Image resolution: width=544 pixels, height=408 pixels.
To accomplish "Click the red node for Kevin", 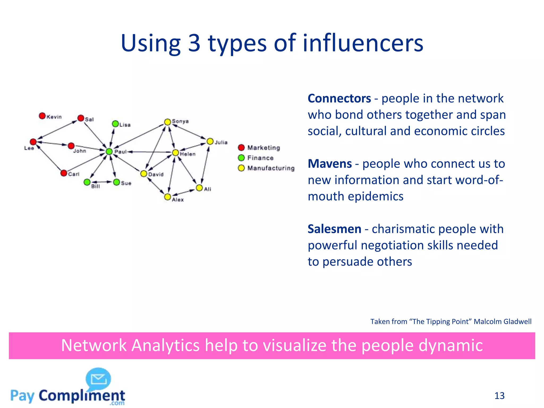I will tap(42, 116).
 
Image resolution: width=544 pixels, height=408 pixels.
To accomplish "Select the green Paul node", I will tap(109, 151).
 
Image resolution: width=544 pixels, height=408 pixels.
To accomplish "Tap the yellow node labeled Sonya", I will tap(167, 122).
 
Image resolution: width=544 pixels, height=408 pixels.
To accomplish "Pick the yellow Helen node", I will tap(175, 153).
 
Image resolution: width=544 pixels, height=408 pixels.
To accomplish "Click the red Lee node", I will tap(33, 142).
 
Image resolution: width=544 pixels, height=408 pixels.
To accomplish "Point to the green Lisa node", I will tap(115, 124).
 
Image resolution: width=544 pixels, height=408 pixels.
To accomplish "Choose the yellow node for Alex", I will tap(167, 197).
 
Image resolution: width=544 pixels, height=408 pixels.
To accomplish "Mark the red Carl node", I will tap(64, 173).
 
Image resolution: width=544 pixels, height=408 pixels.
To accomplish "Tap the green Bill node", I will tap(87, 182).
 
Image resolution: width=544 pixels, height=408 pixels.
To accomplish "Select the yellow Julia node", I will tap(210, 141).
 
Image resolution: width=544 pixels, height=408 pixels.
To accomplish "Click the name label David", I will tap(156, 175).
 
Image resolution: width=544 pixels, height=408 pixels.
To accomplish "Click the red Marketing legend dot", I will tap(241, 148).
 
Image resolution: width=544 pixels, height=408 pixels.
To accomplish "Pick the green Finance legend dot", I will tap(241, 158).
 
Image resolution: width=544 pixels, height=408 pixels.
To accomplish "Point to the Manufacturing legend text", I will tap(271, 168).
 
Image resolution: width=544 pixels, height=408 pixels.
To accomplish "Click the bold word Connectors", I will tap(339, 99).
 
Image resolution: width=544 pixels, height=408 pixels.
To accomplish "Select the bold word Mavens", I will tap(330, 164).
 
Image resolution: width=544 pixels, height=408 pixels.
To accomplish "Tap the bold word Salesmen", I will tap(334, 229).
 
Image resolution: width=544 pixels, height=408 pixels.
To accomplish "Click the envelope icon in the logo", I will tap(99, 379).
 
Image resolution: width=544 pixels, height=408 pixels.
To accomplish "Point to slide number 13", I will tap(499, 396).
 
